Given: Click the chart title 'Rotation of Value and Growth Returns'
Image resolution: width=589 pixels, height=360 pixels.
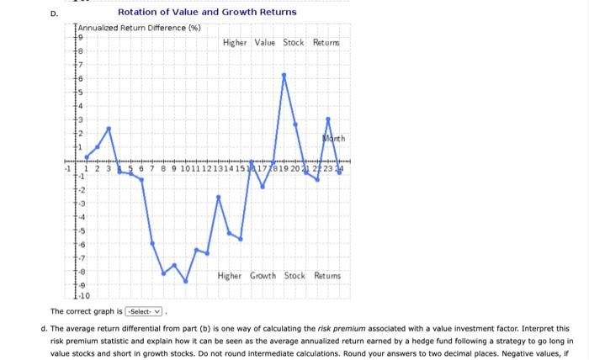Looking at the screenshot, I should (207, 13).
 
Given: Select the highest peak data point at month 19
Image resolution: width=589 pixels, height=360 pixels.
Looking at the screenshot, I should (284, 75).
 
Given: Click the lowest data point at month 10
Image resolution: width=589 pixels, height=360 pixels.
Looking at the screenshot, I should (185, 281).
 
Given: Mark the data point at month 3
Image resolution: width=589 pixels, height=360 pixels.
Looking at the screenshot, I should (109, 129).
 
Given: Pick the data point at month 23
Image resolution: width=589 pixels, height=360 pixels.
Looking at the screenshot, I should (328, 119).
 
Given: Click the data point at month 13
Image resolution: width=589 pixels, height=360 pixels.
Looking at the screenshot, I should (219, 197).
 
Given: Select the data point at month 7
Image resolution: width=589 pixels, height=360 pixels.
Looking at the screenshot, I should (152, 243).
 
